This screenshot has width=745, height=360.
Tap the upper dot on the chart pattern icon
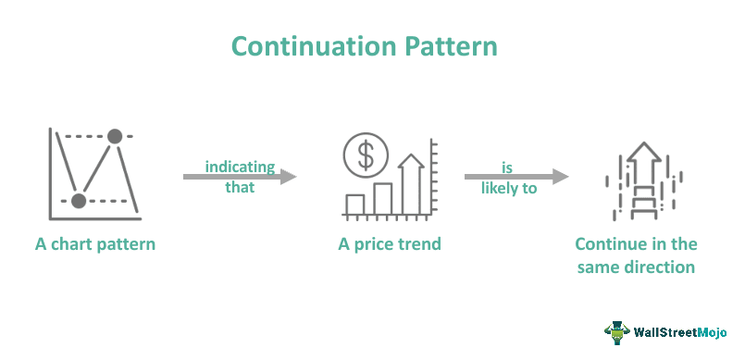(115, 136)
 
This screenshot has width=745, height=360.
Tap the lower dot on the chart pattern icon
(79, 200)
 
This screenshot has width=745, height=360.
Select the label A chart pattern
(95, 244)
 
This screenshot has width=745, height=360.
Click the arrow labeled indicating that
(240, 176)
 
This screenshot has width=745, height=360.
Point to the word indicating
(240, 167)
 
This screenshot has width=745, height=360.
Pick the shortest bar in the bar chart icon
(354, 204)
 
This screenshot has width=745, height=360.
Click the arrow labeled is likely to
(515, 176)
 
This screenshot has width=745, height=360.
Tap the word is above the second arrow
(506, 167)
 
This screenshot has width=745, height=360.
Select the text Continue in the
(636, 244)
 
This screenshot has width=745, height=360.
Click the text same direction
(636, 267)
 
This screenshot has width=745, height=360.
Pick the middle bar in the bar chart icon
(383, 197)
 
